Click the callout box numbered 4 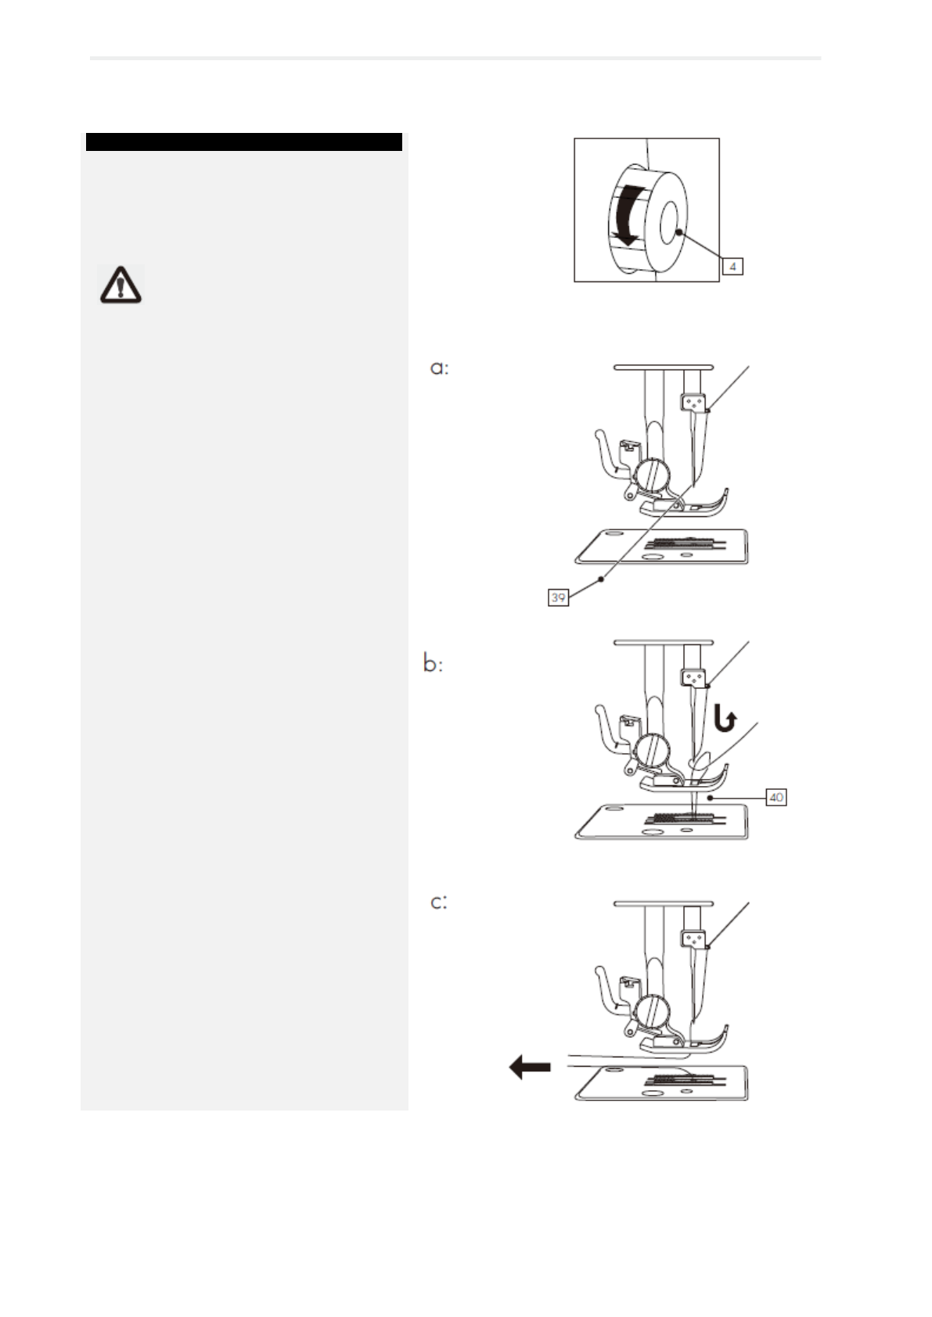[732, 267]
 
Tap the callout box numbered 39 [558, 598]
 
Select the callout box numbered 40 [775, 798]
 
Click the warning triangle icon [120, 285]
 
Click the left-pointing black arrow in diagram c [530, 1067]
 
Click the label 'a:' [440, 368]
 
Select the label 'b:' [433, 664]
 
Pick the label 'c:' [439, 903]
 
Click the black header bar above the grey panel [244, 142]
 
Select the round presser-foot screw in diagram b [651, 752]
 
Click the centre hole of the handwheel [669, 221]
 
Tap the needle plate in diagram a [661, 547]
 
